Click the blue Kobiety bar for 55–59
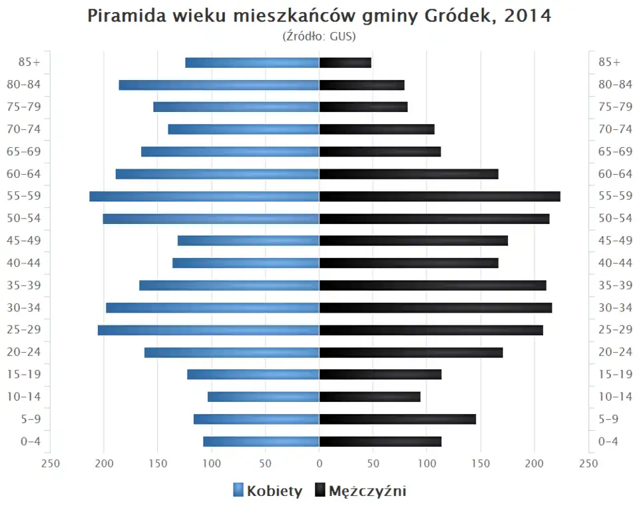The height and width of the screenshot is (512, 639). (x=204, y=196)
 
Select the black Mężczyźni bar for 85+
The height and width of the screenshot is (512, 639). (x=345, y=63)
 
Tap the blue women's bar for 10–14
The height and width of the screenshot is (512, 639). (x=264, y=397)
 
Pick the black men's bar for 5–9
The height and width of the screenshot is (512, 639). (x=397, y=419)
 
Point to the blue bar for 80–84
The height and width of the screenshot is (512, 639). (x=219, y=85)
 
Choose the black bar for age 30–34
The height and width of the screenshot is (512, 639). (x=435, y=307)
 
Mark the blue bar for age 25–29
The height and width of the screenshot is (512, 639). (x=208, y=330)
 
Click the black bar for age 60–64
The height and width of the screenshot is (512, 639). (x=409, y=174)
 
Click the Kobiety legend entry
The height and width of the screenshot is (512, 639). (x=268, y=491)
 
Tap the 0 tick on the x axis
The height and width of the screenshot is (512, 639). (x=319, y=463)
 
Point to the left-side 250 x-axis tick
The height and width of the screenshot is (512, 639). (x=51, y=463)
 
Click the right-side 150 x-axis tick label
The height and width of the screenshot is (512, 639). (x=481, y=463)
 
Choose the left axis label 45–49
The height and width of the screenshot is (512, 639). (x=23, y=241)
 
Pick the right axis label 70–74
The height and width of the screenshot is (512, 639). (x=615, y=129)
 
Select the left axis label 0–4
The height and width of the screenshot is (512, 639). (x=29, y=441)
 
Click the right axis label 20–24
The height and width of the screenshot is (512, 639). (x=615, y=352)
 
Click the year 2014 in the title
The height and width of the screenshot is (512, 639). (x=528, y=16)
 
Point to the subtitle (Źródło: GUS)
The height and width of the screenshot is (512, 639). (x=319, y=36)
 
